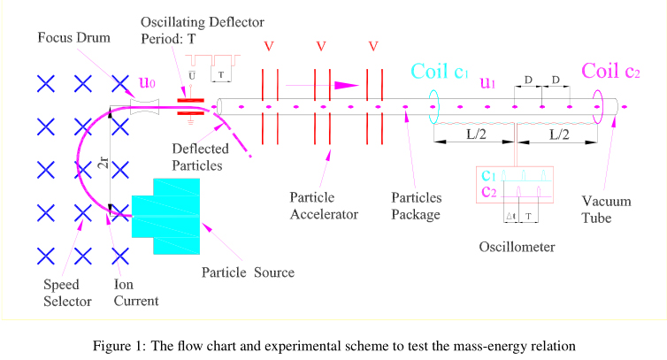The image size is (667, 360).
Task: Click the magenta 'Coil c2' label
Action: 610,72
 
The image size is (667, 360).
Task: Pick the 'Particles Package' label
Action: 416,204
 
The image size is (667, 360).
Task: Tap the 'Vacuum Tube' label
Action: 602,210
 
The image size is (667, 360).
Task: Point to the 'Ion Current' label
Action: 136,293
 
